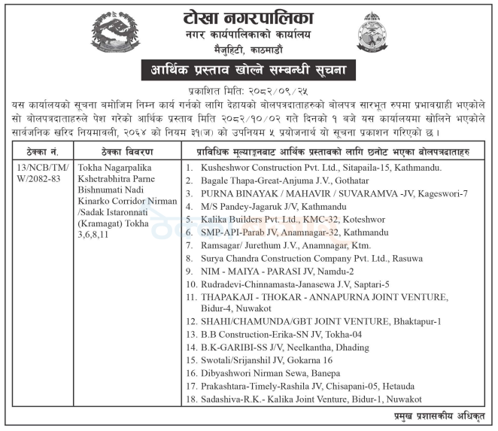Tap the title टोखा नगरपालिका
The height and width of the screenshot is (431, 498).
coord(249,17)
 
